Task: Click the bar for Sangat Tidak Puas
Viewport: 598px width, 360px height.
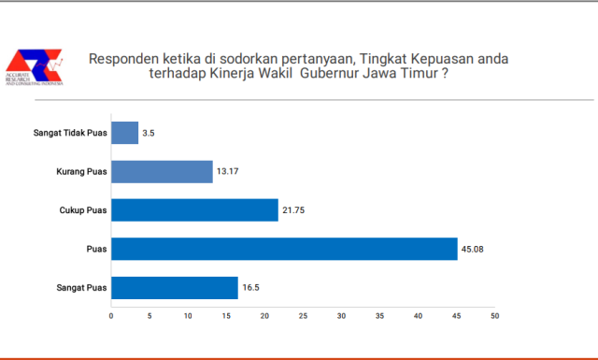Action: [124, 133]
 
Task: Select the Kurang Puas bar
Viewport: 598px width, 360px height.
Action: [162, 171]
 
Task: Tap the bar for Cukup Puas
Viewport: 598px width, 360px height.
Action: [194, 210]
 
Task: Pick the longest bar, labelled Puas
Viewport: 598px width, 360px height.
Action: [284, 250]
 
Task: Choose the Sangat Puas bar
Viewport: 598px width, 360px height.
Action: [175, 288]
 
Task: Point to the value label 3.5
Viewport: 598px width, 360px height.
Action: [149, 134]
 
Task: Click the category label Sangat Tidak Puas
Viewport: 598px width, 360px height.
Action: [69, 133]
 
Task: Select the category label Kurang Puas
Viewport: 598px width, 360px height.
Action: [81, 172]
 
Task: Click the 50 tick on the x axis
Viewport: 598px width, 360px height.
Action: [495, 315]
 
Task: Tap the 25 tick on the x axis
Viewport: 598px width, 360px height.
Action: [303, 315]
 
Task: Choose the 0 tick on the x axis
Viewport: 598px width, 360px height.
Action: [111, 315]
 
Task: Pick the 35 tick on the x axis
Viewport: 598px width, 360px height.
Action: [380, 315]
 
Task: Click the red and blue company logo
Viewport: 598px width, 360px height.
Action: [35, 65]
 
